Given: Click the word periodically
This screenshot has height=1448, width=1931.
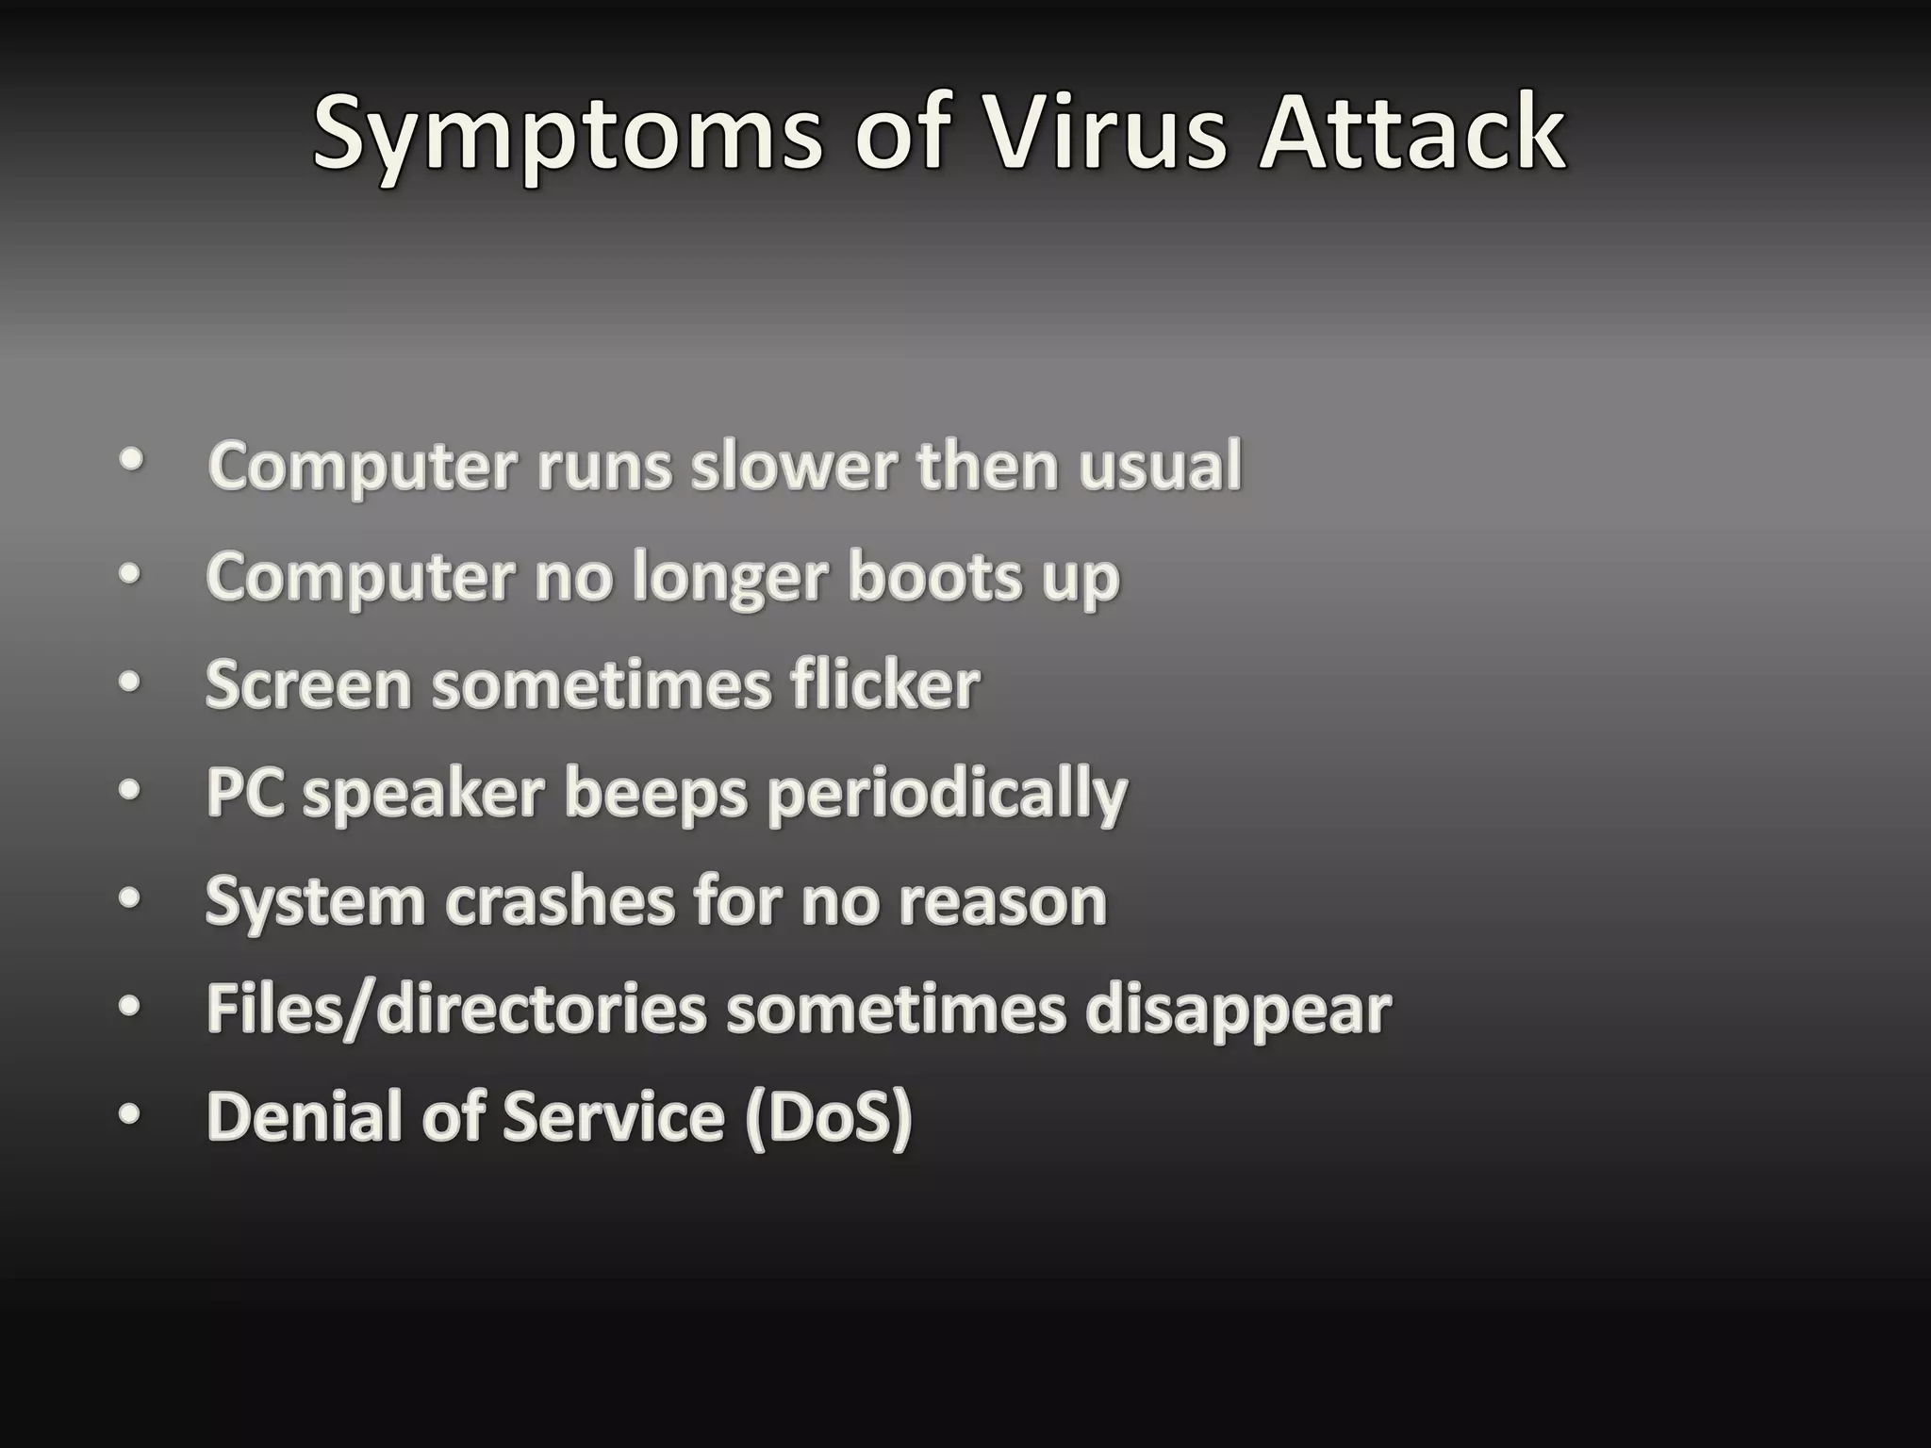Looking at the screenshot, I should (x=947, y=794).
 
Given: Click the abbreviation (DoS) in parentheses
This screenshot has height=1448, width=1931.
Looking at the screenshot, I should (x=829, y=1116).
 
